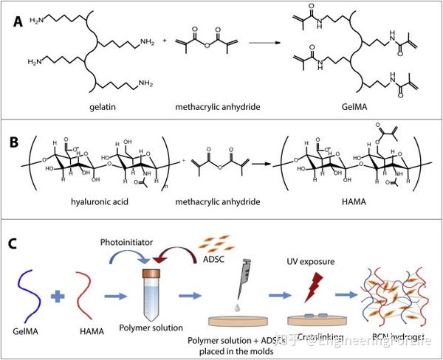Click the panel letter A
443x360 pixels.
click(17, 21)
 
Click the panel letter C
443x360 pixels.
click(16, 243)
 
